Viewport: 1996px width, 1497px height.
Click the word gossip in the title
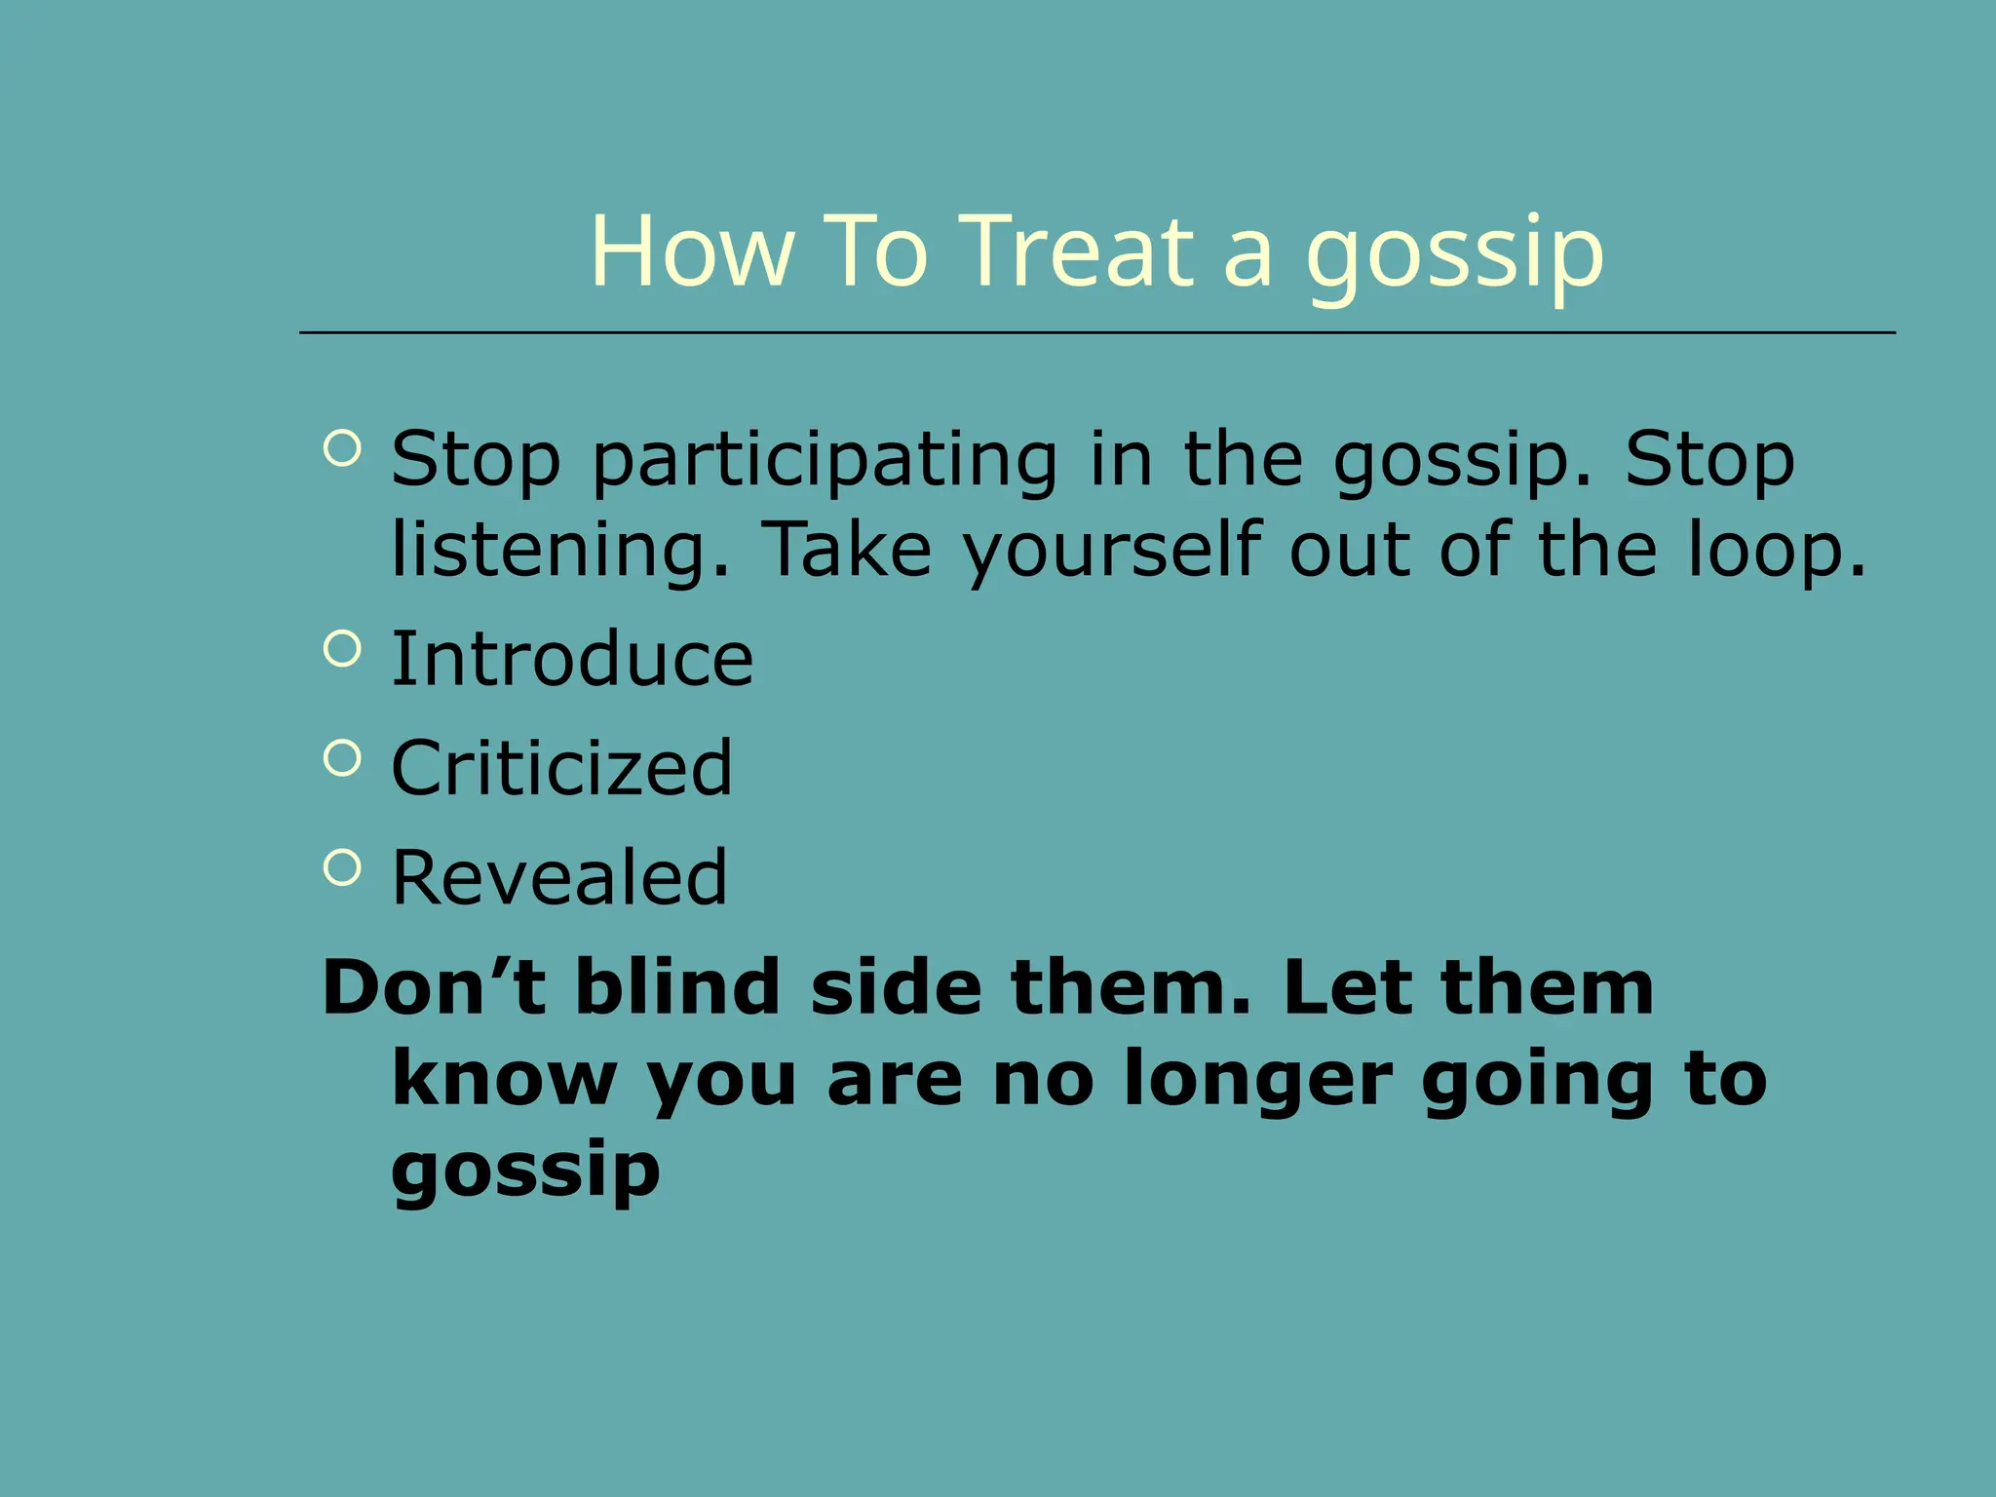coord(1454,255)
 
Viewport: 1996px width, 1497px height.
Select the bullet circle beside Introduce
coord(342,648)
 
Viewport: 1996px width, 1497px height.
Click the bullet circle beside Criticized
coord(342,757)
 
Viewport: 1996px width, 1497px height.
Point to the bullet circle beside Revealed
coord(342,866)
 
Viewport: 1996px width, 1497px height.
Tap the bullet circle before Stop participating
coord(342,448)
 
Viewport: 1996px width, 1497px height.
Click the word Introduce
coord(572,659)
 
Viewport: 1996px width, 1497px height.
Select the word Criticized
coord(561,768)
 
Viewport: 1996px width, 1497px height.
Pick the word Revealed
coord(559,877)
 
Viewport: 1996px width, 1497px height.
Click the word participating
coord(825,460)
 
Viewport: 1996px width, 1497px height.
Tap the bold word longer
coord(1257,1080)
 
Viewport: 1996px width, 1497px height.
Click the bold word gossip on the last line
coord(526,1171)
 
